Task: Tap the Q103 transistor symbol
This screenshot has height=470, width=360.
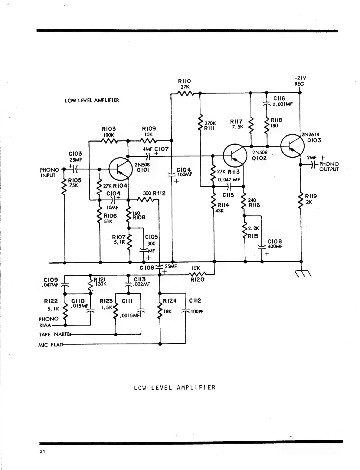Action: pyautogui.click(x=292, y=146)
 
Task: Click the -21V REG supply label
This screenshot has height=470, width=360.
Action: pyautogui.click(x=299, y=81)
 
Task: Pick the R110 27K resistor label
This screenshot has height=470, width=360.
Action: pyautogui.click(x=185, y=84)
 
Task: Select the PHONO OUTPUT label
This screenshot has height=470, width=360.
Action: pyautogui.click(x=329, y=166)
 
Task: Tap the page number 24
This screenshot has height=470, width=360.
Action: pyautogui.click(x=42, y=452)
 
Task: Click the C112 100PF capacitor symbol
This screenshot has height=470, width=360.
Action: pyautogui.click(x=186, y=311)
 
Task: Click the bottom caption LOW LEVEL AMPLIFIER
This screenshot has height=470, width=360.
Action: pyautogui.click(x=175, y=388)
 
